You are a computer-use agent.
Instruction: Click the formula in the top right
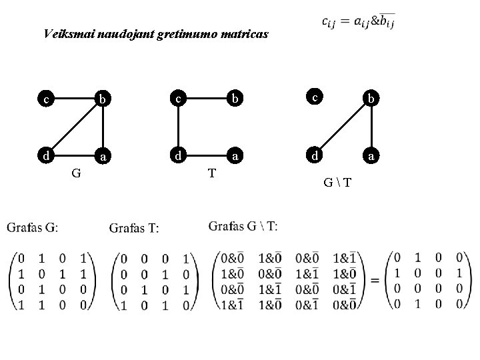(x=358, y=21)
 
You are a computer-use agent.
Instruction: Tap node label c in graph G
(x=45, y=100)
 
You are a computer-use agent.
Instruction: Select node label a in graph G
(x=101, y=157)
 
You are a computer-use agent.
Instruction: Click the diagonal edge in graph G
(x=73, y=127)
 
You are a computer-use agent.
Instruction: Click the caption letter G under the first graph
(x=77, y=174)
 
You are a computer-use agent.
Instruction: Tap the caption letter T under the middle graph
(x=211, y=174)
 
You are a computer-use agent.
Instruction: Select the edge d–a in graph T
(x=206, y=157)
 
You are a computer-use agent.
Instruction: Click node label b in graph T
(x=235, y=100)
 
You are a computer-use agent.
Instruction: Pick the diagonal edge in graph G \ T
(x=341, y=127)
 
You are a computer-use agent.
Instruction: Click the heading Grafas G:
(x=32, y=228)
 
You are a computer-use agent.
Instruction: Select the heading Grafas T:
(x=134, y=229)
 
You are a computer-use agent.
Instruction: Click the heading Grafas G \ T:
(x=243, y=227)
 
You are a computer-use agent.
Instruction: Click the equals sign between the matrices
(x=375, y=279)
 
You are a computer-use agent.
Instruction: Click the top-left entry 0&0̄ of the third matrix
(x=233, y=258)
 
